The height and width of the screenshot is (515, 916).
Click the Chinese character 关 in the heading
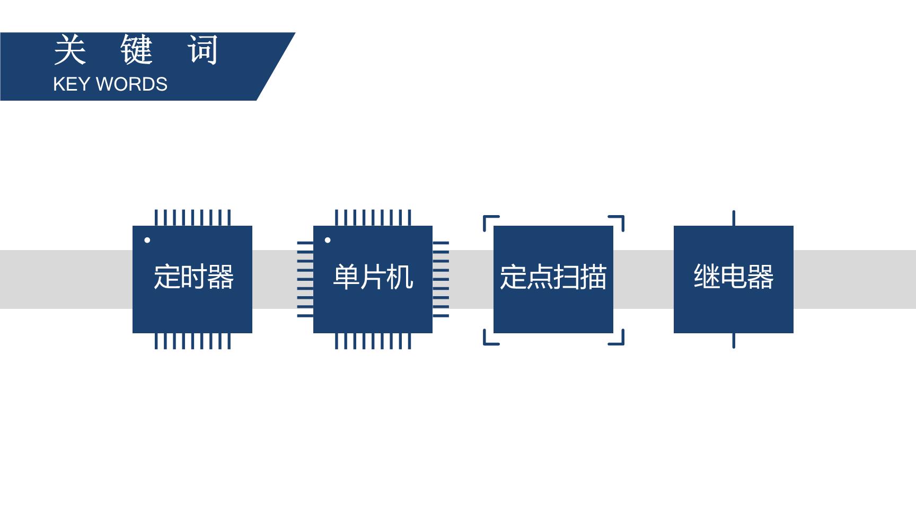(70, 50)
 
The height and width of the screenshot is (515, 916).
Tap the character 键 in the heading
(137, 50)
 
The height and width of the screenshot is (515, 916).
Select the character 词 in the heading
(203, 50)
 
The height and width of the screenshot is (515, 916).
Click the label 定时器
(193, 277)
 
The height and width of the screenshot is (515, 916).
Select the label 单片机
(373, 277)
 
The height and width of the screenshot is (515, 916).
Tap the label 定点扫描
(553, 277)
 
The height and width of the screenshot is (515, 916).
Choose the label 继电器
(734, 277)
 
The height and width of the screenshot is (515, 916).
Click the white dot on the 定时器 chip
(147, 240)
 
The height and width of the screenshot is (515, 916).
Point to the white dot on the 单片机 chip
(328, 240)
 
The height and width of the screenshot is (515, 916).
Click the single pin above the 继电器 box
(734, 218)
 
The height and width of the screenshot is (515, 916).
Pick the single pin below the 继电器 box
(734, 341)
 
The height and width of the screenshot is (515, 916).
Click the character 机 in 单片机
(400, 277)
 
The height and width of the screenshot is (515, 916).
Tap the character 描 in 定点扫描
(594, 277)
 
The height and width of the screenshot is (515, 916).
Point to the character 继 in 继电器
(707, 277)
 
